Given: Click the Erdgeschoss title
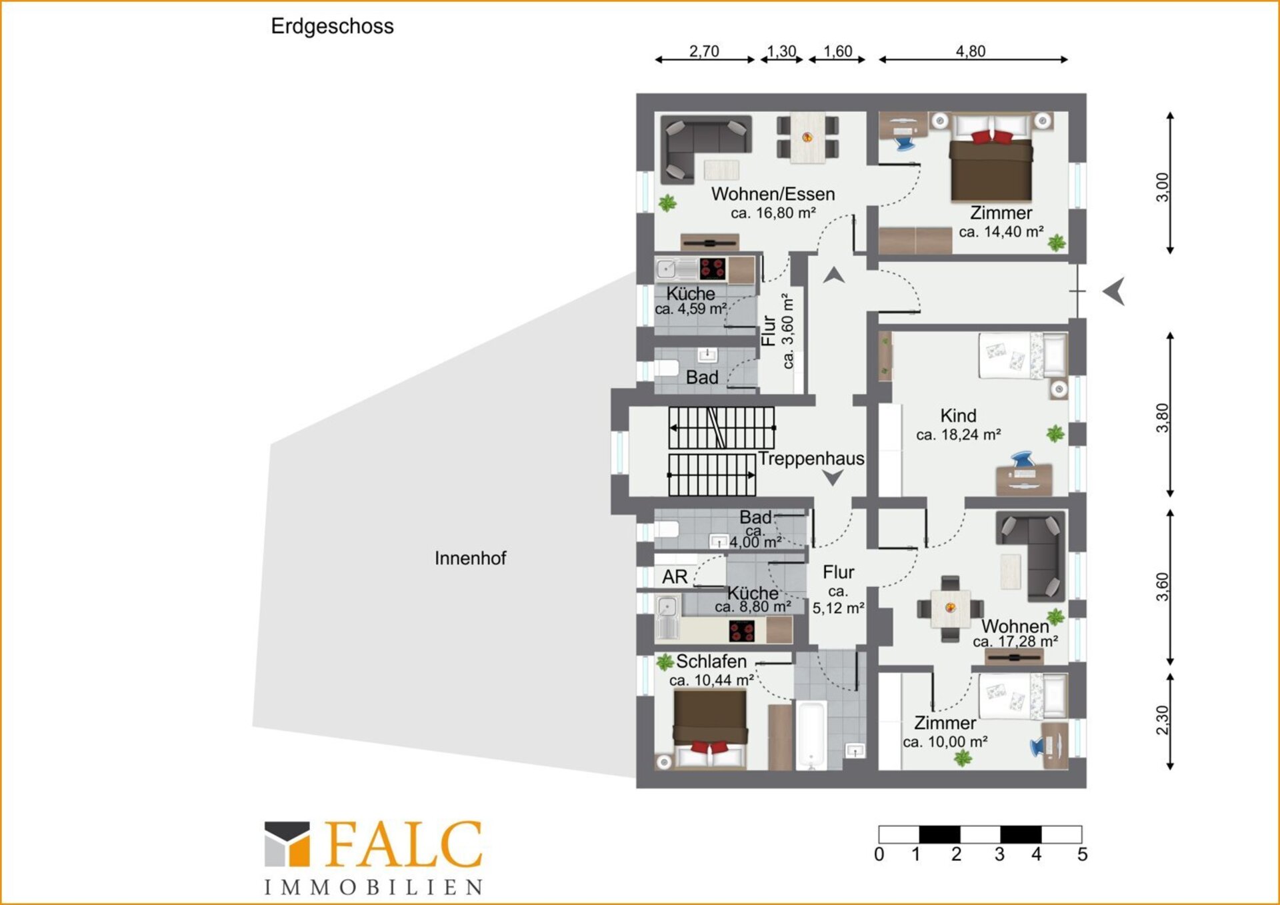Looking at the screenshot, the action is (332, 27).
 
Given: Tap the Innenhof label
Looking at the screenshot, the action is (471, 558).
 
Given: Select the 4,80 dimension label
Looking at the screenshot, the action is (970, 51).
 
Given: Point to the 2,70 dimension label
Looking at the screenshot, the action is (704, 51).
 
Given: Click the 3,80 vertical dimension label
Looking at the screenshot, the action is (1162, 418).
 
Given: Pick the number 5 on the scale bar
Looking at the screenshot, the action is (1082, 854).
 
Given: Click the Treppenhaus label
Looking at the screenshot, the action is (811, 458).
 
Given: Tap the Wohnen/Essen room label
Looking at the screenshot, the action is (773, 194).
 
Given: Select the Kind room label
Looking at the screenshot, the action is (958, 415).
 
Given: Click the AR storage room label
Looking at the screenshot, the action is (675, 576).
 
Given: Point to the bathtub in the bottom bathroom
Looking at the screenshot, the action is (811, 734).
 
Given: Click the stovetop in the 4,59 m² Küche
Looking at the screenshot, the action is (713, 269).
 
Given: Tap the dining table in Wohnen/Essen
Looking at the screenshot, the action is (807, 138).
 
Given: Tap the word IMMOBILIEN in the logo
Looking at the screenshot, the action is (373, 887).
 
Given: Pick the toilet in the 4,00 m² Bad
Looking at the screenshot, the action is (667, 529).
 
